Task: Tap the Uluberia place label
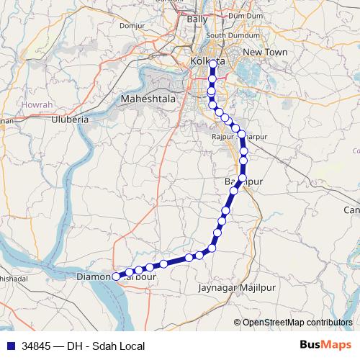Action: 70,120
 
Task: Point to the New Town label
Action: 265,53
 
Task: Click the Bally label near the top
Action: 197,19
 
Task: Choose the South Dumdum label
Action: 227,35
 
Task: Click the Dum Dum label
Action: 245,15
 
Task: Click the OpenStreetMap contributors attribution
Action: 297,323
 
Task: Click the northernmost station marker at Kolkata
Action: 212,63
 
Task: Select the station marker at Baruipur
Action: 243,178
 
